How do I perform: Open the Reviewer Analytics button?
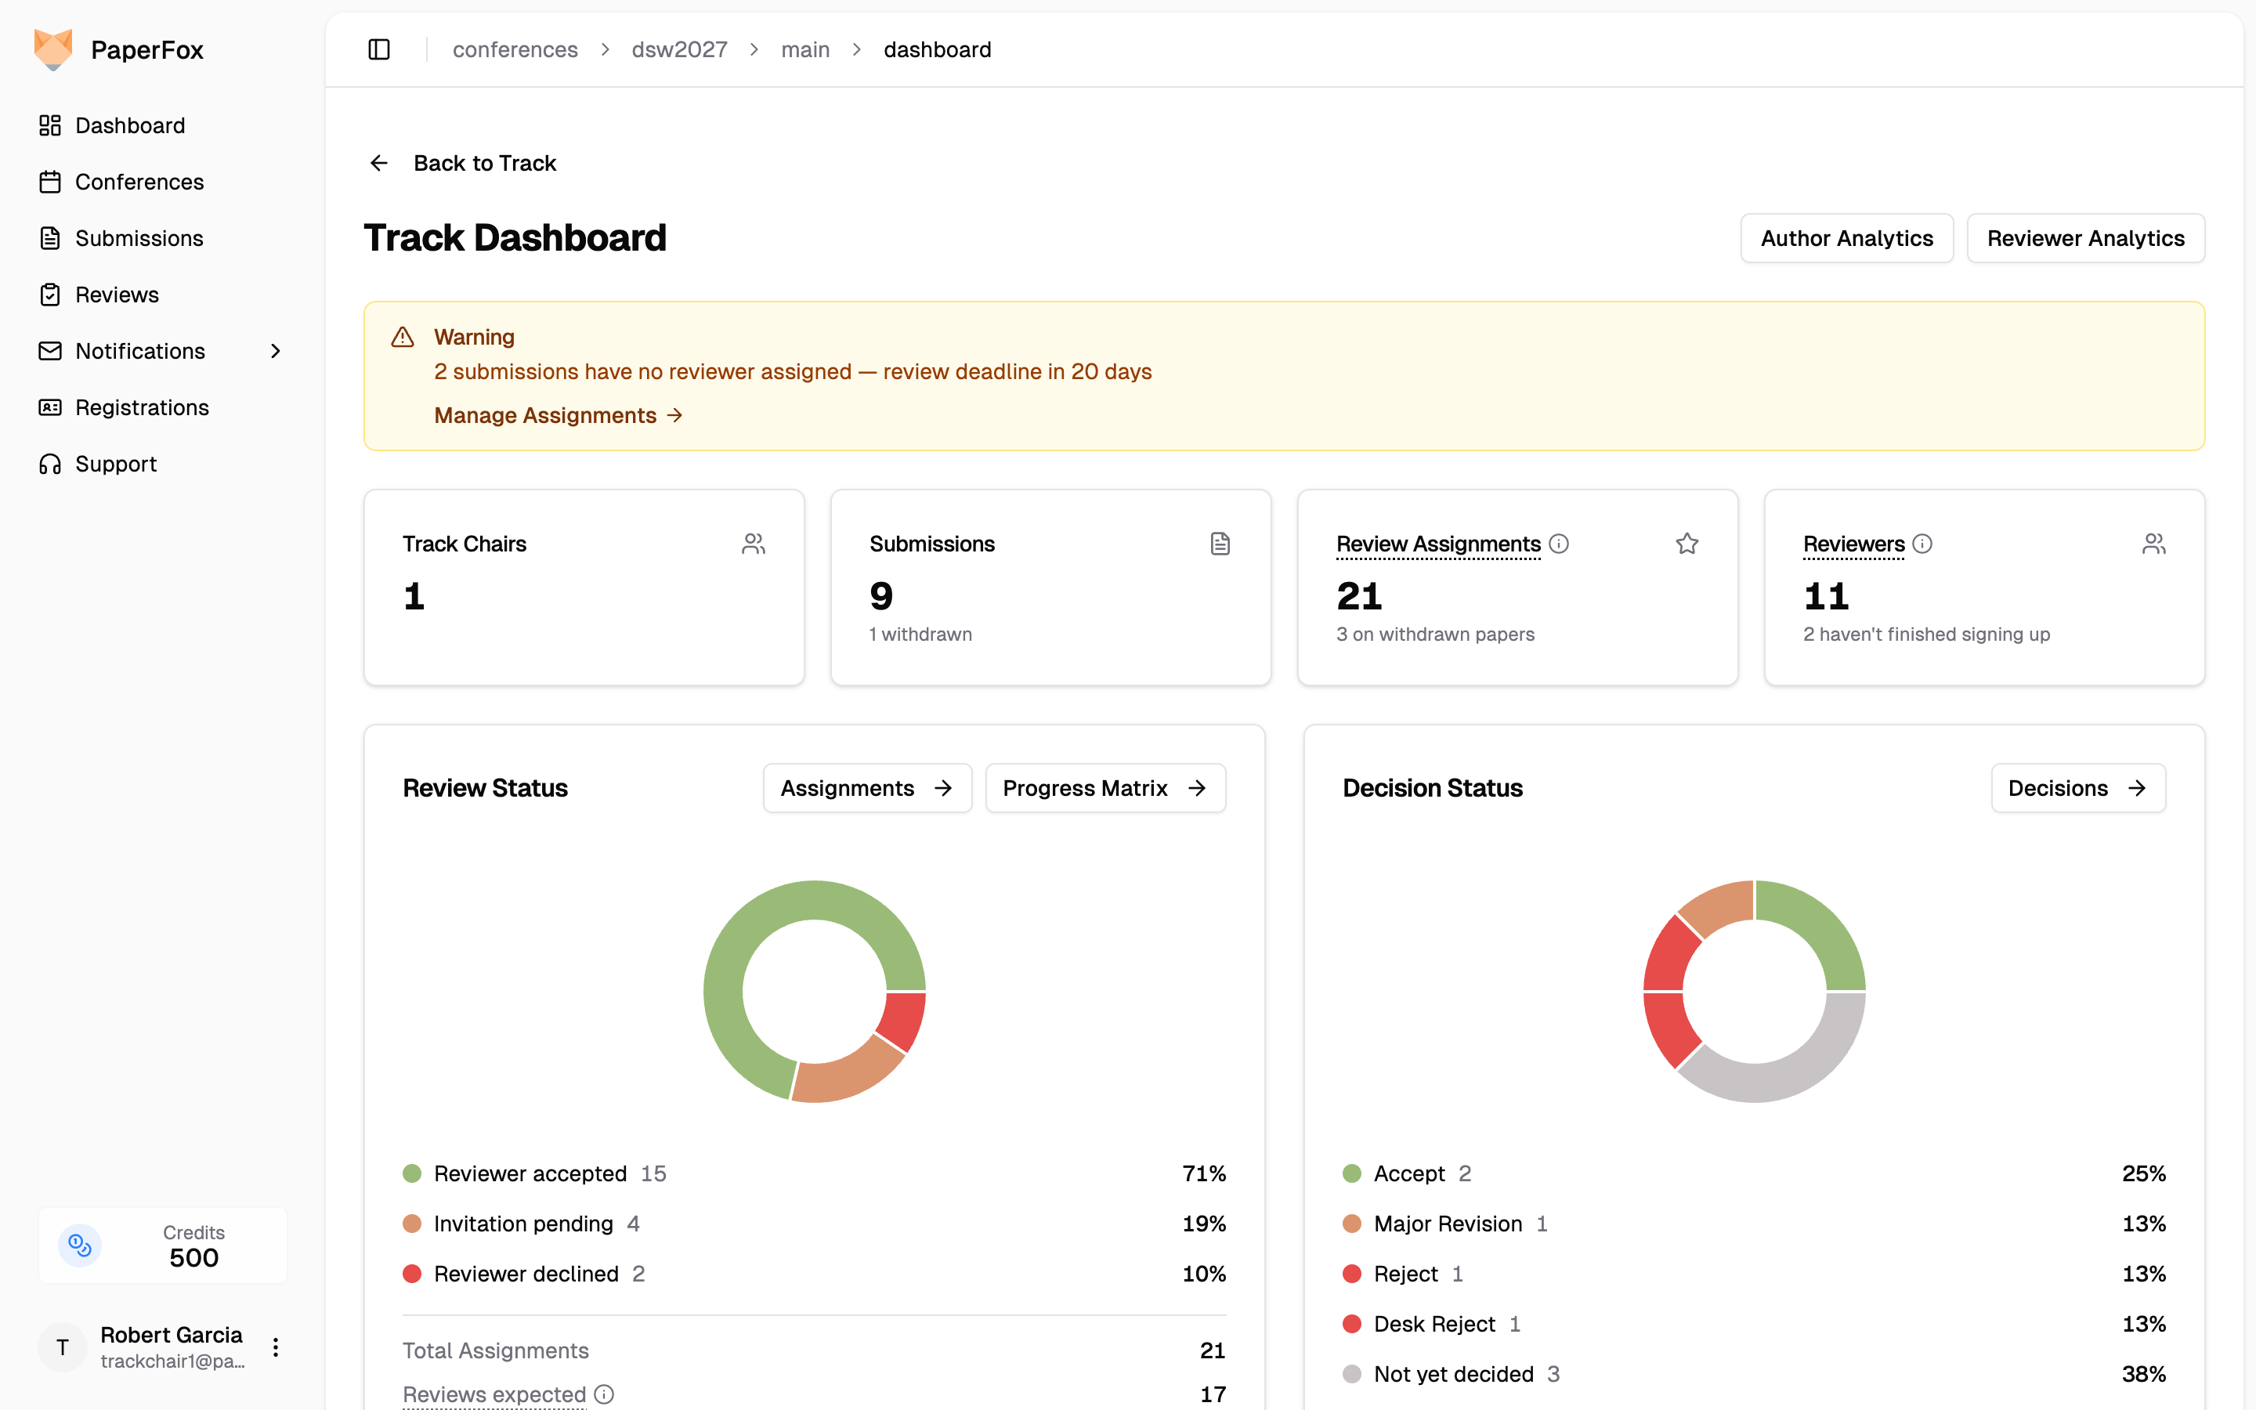tap(2085, 238)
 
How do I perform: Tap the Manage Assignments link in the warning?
tap(559, 415)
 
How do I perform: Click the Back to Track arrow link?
tap(462, 163)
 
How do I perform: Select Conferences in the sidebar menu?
tap(139, 182)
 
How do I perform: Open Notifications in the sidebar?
tap(140, 351)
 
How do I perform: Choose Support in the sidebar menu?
tap(116, 464)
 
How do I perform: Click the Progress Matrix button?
tap(1104, 788)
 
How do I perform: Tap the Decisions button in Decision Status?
tap(2078, 788)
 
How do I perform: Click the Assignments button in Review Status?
tap(867, 788)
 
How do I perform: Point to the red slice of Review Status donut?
tap(902, 1020)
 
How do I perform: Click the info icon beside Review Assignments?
tap(1559, 543)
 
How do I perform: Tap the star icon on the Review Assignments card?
tap(1687, 543)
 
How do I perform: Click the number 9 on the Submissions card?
tap(881, 596)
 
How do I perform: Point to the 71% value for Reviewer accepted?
tap(1203, 1173)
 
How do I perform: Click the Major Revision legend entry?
tap(1446, 1224)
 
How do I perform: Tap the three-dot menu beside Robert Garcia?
tap(275, 1347)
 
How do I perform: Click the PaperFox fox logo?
tap(53, 49)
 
